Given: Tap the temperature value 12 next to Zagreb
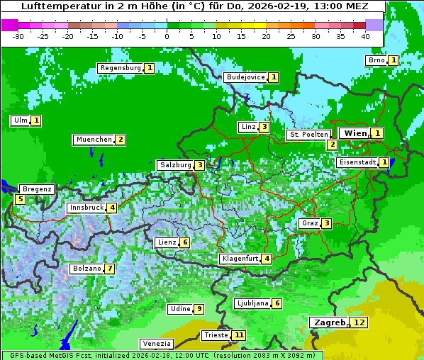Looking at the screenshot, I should tap(360, 322).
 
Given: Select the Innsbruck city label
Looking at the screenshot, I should tap(86, 208).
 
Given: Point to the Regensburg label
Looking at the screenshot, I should tap(120, 68).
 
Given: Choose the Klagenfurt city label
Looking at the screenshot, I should tap(239, 259).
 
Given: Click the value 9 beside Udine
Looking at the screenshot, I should tap(199, 309).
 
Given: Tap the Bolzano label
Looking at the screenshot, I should tap(86, 269).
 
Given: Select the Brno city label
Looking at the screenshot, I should tap(376, 60).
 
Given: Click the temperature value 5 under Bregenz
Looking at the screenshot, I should tap(20, 199).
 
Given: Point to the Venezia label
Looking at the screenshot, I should tap(156, 343).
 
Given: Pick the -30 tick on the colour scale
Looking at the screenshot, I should tap(18, 36).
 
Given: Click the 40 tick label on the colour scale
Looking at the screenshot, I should tap(365, 36).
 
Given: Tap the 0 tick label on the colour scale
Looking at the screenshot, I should tap(167, 36).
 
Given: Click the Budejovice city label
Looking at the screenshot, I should tap(245, 77).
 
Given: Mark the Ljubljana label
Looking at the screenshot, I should tap(252, 303).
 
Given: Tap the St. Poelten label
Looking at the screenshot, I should tap(308, 134).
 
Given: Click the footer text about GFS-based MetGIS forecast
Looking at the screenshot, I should tap(161, 355).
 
